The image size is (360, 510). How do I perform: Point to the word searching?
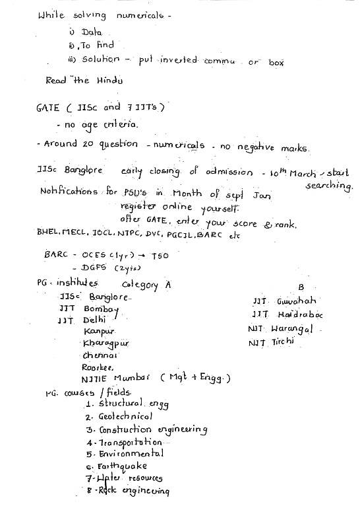[329, 187]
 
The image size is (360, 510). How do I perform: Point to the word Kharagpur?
[105, 344]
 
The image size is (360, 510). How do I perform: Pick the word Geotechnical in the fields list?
[125, 416]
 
